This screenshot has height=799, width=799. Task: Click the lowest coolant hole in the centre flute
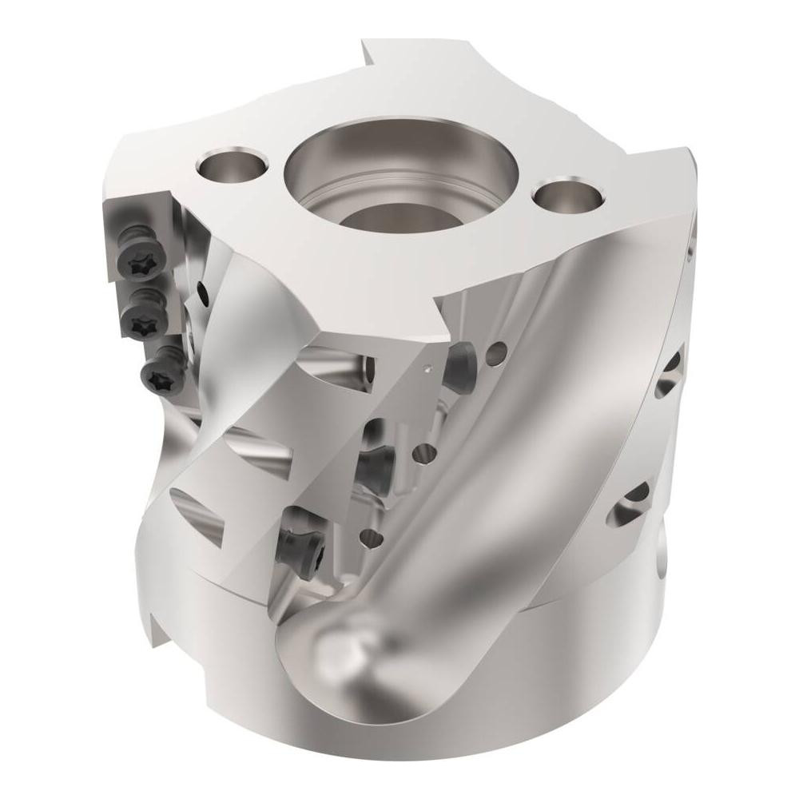coord(370,536)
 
